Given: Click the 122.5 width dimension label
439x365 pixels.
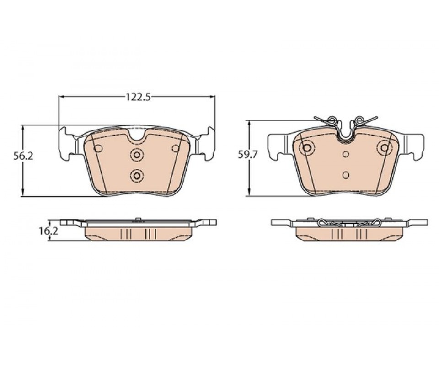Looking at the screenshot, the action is tap(138, 97).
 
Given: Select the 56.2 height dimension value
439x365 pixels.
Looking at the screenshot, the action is tap(23, 156).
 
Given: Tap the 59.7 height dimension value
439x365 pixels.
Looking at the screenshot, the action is tap(247, 154).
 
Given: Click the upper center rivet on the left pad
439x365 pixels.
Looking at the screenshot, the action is tap(137, 154).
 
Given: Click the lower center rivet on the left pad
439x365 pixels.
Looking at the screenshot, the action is tap(137, 176).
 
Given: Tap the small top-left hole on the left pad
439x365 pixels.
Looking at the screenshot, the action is tap(98, 149).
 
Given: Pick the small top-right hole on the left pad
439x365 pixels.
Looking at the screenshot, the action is tap(176, 149).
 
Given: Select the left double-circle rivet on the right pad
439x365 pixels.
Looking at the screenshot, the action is tap(307, 148).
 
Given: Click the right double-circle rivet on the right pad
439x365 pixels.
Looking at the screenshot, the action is tap(385, 148).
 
